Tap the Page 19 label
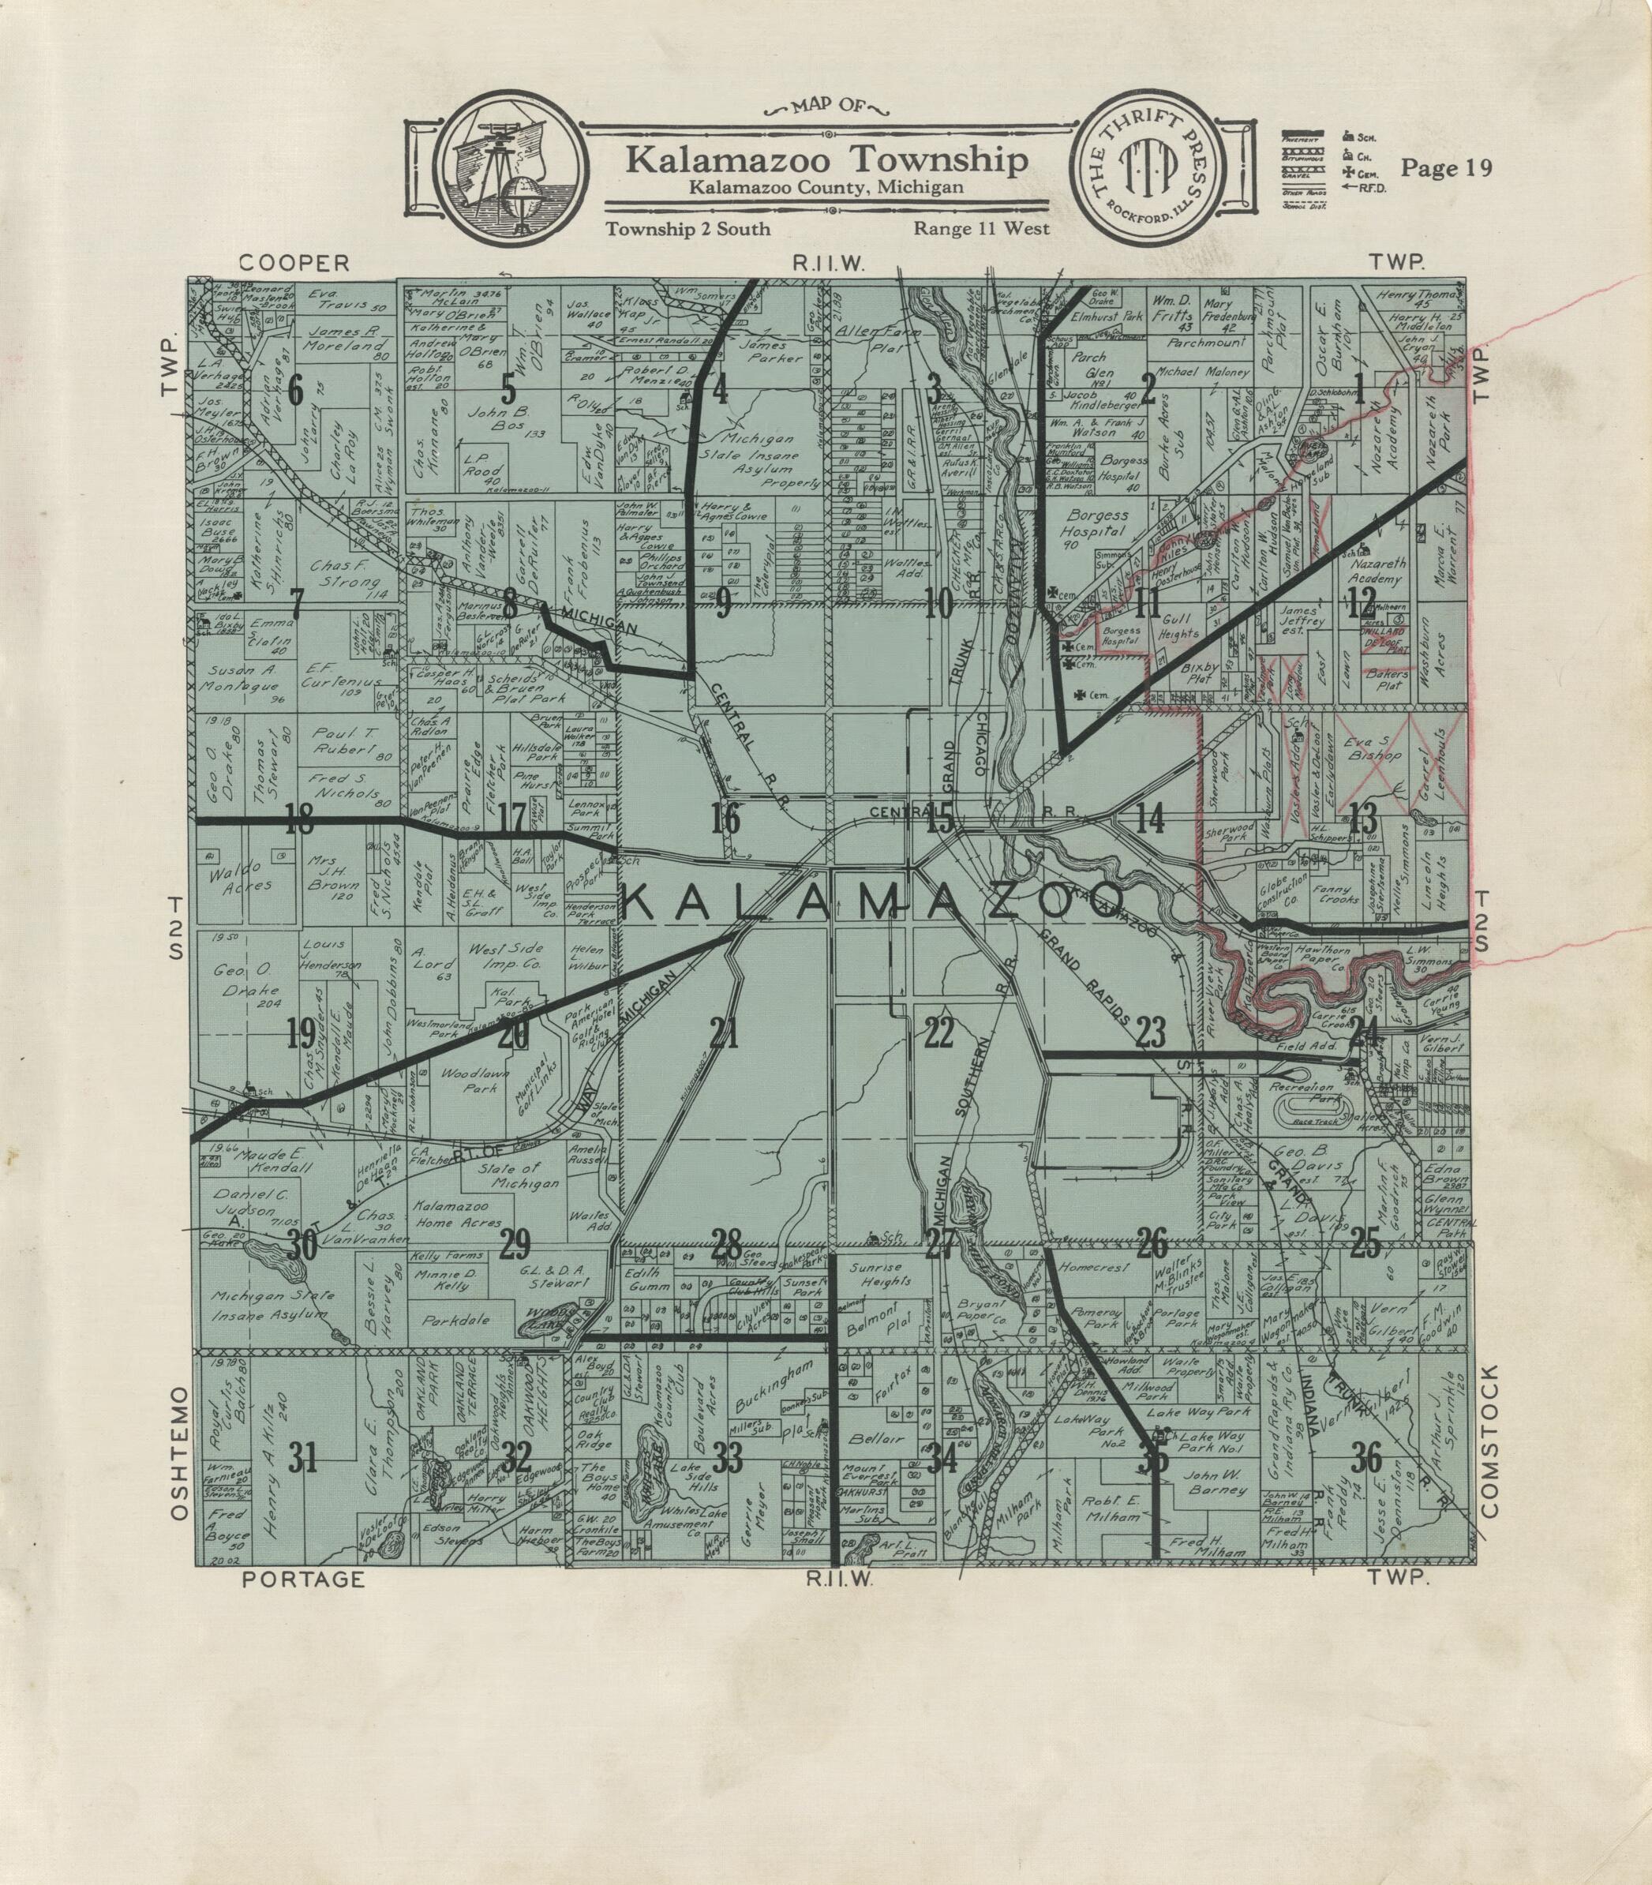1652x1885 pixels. click(1445, 168)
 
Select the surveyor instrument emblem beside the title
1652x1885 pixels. click(510, 172)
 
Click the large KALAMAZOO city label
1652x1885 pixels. click(876, 905)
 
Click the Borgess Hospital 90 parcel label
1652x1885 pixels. click(1096, 526)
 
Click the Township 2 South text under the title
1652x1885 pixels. click(687, 229)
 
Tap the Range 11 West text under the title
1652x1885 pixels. click(981, 229)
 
